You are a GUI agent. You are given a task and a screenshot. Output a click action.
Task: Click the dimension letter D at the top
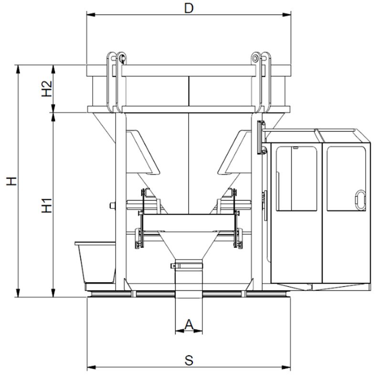[x=189, y=8]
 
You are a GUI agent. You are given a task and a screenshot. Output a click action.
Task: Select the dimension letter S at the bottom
[x=189, y=361]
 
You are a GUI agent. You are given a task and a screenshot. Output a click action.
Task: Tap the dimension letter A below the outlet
[x=189, y=325]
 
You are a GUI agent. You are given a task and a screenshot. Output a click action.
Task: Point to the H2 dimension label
[x=47, y=88]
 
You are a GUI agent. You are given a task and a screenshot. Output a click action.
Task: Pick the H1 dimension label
[x=47, y=206]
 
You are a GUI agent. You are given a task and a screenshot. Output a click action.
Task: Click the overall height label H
[x=11, y=181]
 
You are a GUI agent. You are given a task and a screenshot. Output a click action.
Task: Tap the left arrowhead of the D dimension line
[x=91, y=15]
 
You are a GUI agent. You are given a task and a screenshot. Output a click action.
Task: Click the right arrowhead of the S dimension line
[x=286, y=367]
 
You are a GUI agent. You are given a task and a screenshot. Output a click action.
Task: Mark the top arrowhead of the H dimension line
[x=18, y=69]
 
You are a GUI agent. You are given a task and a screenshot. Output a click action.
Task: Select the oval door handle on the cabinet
[x=361, y=200]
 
